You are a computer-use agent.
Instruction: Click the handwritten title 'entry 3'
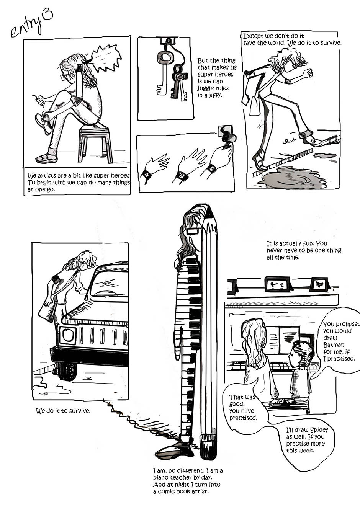click(x=32, y=24)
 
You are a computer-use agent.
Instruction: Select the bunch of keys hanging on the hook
click(x=172, y=73)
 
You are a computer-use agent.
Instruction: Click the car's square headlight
click(x=67, y=335)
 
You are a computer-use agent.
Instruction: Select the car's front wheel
click(x=67, y=371)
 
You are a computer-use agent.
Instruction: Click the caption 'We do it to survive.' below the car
click(x=63, y=411)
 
